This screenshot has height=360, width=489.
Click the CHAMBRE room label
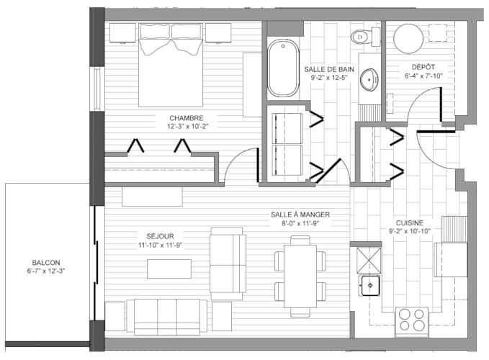tap(187, 118)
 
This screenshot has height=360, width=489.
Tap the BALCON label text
tap(46, 263)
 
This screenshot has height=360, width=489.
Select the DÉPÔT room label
tap(423, 67)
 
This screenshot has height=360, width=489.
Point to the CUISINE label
tap(410, 223)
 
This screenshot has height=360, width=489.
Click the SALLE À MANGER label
tap(300, 215)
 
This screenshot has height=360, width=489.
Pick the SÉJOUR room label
tap(161, 236)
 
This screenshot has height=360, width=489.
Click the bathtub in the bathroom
tap(283, 68)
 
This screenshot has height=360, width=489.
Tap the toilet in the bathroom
tap(366, 37)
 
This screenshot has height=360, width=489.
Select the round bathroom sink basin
tap(369, 80)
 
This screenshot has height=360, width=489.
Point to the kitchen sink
tap(370, 285)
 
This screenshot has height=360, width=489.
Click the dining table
tap(300, 276)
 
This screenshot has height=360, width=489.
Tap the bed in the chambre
tap(171, 65)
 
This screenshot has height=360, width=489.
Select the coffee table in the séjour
tap(169, 269)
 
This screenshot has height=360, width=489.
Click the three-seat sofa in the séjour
tap(167, 317)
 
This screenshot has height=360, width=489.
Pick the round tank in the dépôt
tap(408, 38)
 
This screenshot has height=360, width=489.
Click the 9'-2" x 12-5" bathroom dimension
tap(329, 78)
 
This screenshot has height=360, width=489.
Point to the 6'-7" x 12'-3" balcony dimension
tap(46, 271)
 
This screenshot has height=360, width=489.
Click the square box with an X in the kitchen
tap(369, 260)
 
